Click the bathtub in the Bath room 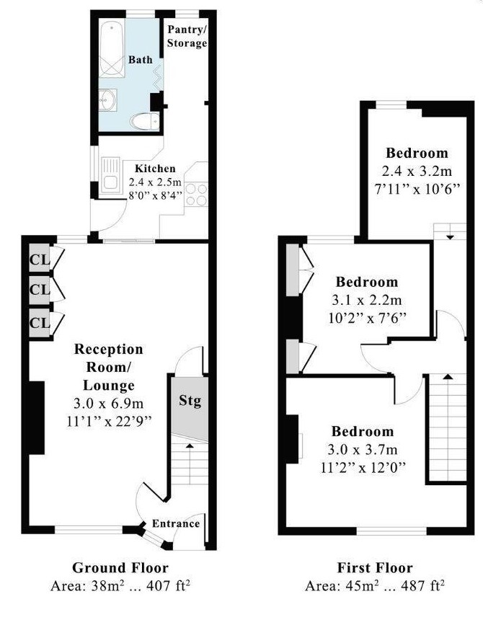click(x=112, y=48)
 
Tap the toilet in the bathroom click(x=145, y=121)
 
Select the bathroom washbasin click(x=108, y=100)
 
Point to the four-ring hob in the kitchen click(x=196, y=195)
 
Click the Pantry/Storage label click(x=187, y=36)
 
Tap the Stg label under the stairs click(x=190, y=401)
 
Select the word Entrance click(x=176, y=523)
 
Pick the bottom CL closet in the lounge click(x=40, y=323)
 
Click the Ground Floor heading click(x=120, y=568)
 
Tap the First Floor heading click(x=375, y=568)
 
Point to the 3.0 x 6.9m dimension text click(x=109, y=404)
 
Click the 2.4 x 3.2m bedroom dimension click(x=417, y=171)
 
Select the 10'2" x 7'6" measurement click(x=367, y=318)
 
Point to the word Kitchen click(x=155, y=169)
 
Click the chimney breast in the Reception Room click(x=36, y=417)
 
